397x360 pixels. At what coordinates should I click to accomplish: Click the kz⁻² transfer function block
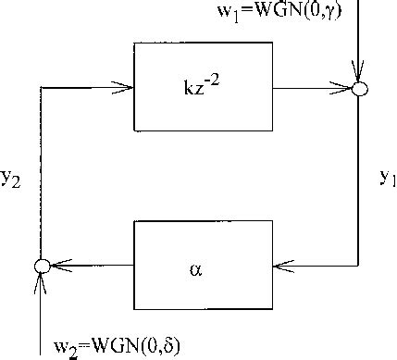pyautogui.click(x=204, y=87)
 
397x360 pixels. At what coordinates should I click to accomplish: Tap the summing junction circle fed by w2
pyautogui.click(x=41, y=267)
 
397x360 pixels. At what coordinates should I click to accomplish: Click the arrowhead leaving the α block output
pyautogui.click(x=56, y=267)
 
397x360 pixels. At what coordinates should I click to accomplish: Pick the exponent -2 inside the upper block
pyautogui.click(x=218, y=81)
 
